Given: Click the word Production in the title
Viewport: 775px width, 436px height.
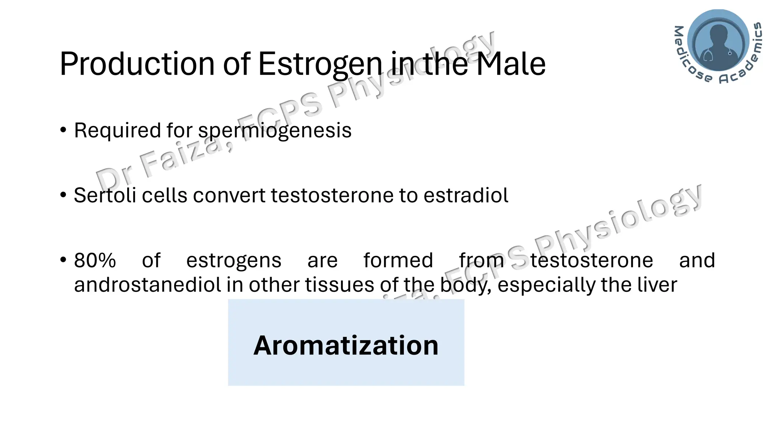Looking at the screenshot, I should coord(137,64).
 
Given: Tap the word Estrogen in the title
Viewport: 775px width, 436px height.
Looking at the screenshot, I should coord(320,64).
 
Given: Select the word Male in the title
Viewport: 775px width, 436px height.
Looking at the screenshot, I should coord(510,64).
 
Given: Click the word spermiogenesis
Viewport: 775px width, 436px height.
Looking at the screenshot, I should coord(275,131).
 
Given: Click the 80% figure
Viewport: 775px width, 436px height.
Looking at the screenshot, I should coord(95,261).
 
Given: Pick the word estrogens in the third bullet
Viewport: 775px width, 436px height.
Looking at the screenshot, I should coord(234,261).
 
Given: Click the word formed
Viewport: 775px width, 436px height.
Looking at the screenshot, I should coord(398,261).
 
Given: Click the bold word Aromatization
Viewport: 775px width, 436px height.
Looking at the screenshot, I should coord(346,346).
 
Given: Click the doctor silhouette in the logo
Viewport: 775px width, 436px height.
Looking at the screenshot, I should coord(718,42).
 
